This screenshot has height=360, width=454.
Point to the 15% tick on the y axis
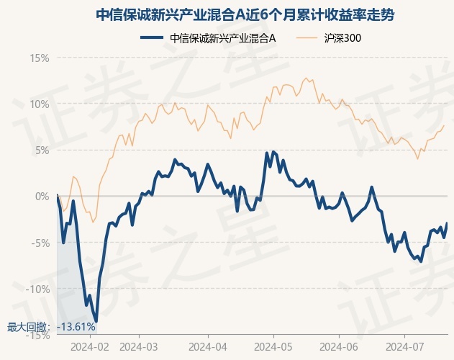coord(40,58)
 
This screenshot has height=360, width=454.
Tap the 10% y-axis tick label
coord(40,104)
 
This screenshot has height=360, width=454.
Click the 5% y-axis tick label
coord(42,150)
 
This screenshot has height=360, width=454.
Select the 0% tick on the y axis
coord(42,196)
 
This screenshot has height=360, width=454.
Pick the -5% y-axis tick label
coord(40,243)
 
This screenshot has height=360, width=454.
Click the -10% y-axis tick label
coord(37,289)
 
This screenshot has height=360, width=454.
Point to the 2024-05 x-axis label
coord(273,346)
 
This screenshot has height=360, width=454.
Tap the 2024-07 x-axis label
coord(405,346)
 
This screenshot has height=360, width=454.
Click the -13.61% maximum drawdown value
coord(76,327)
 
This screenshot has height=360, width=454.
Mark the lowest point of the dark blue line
coord(96,321)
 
